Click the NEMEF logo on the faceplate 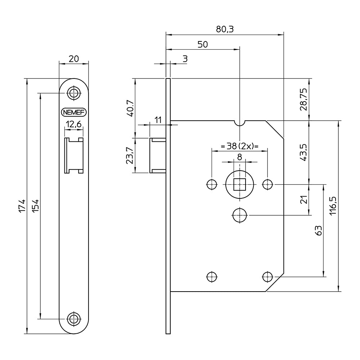[74, 112]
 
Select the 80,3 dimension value [225, 30]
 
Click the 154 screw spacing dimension [35, 206]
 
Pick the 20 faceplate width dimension [74, 59]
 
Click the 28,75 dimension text [304, 99]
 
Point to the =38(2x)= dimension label [239, 147]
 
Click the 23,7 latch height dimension [130, 155]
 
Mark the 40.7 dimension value [130, 108]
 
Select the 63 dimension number [318, 230]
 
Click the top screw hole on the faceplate [74, 93]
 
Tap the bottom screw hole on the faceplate [74, 319]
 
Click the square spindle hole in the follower [239, 185]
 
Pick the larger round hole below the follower [239, 215]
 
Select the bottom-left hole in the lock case [212, 277]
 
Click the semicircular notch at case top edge [239, 123]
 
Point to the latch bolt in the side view [157, 155]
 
